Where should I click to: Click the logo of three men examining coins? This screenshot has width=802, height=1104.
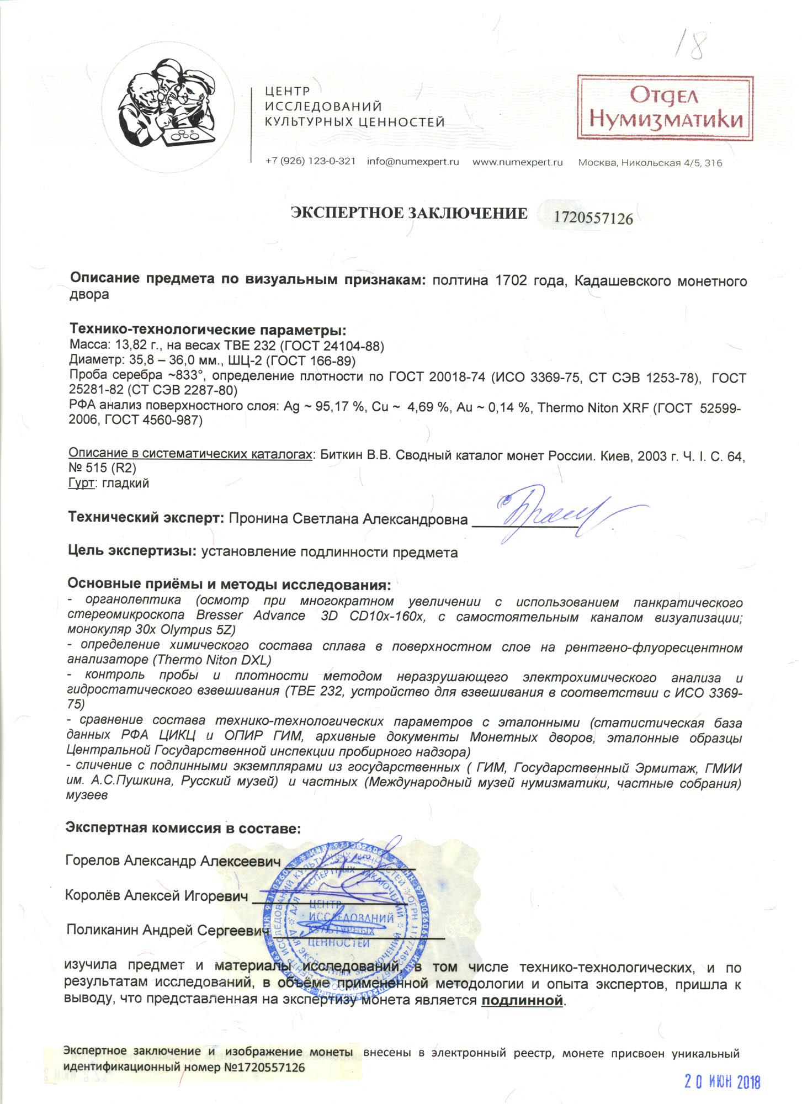[168, 108]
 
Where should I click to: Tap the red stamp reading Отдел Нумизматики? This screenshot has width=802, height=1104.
[665, 108]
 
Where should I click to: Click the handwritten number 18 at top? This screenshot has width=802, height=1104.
[690, 44]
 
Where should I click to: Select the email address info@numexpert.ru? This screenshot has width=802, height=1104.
[413, 162]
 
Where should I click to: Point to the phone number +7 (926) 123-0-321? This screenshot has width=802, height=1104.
[310, 161]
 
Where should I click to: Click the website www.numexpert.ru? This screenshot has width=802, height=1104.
[517, 162]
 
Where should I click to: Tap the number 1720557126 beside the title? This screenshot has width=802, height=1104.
[593, 218]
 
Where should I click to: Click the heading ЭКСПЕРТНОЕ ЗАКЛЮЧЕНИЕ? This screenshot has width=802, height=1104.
[409, 214]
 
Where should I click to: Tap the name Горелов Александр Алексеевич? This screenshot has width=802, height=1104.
[173, 861]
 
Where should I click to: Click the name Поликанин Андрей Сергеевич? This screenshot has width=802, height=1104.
[167, 930]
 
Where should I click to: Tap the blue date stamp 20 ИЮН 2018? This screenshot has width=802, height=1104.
[722, 1082]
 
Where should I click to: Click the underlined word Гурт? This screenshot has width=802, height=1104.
[81, 484]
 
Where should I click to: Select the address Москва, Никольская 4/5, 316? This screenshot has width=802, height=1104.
[650, 163]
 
